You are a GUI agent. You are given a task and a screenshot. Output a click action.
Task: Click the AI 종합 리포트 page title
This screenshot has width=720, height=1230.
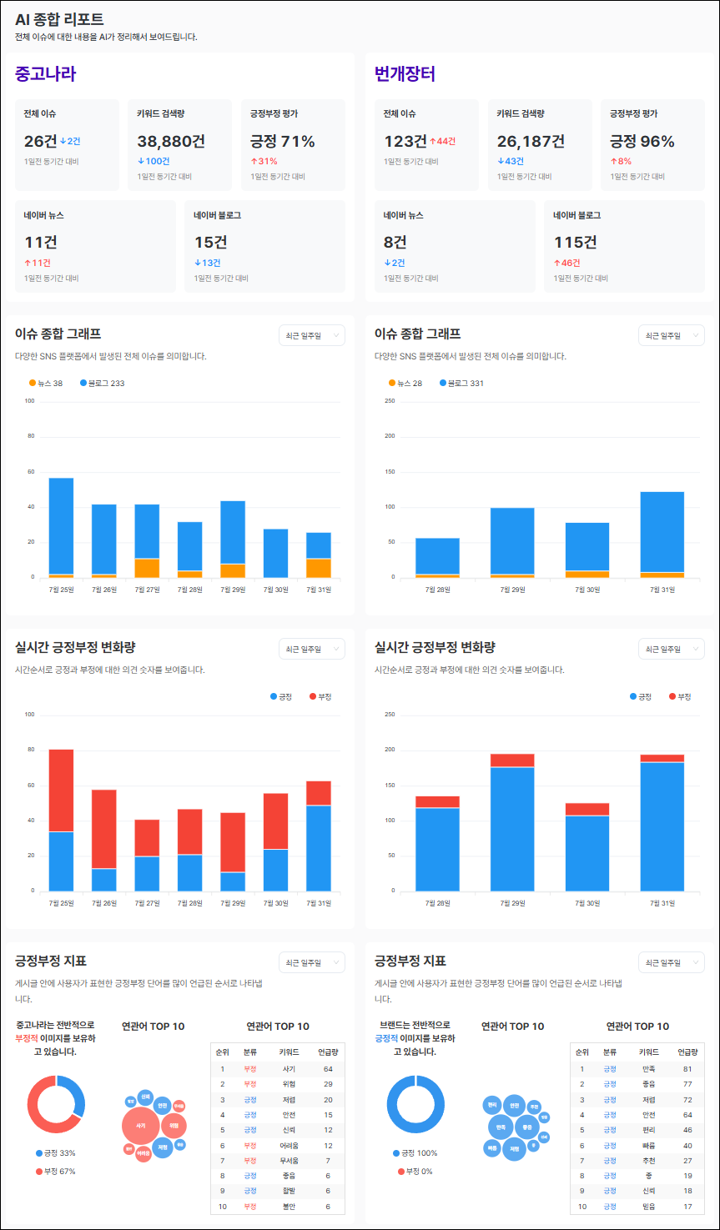59,19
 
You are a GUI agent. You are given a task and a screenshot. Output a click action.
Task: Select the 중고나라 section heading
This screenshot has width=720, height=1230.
45,74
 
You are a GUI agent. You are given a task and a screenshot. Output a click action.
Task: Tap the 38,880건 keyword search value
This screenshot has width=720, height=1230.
171,141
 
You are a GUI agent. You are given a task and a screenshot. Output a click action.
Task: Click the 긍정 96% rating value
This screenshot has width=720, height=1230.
642,141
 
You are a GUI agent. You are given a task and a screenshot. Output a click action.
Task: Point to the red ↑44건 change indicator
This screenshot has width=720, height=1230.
442,142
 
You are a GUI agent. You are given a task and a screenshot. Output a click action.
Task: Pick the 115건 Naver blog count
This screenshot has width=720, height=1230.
575,242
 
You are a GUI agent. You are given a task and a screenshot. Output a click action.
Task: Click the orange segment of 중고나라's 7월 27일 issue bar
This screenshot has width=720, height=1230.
147,568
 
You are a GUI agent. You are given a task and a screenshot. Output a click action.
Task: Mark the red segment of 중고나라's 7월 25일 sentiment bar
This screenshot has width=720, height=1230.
61,790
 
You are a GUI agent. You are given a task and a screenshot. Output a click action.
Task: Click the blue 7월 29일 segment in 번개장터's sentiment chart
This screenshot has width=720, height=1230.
512,828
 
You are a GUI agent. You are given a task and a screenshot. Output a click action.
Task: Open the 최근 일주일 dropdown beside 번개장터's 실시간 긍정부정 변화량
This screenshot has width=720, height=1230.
671,649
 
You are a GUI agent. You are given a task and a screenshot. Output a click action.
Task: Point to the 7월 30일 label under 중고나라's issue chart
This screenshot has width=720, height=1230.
275,590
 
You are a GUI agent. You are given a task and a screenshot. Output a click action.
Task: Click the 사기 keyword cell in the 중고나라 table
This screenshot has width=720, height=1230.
289,1068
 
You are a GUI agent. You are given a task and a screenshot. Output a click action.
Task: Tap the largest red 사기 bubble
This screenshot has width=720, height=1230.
140,1126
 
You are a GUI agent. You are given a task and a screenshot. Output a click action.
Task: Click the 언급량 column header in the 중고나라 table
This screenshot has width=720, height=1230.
327,1052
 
